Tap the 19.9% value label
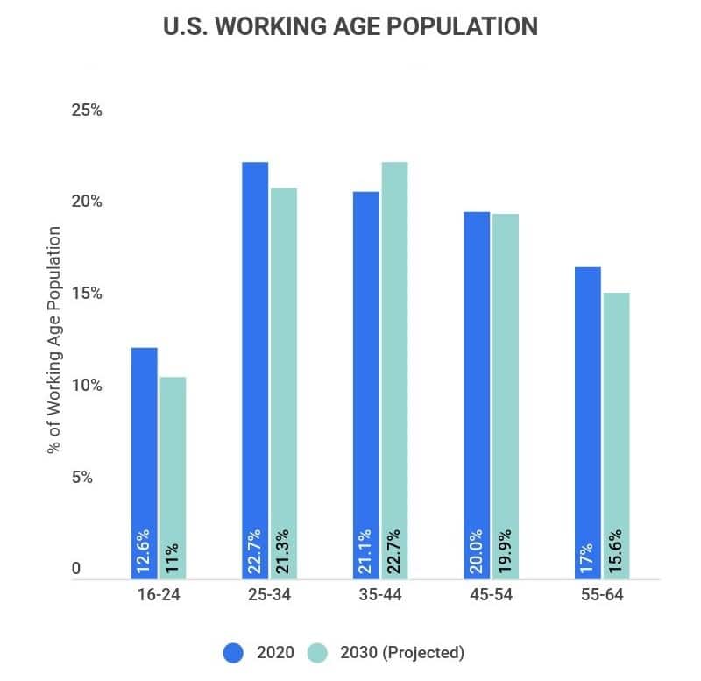506,550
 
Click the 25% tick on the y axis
88,111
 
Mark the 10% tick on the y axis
88,386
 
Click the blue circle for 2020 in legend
233,652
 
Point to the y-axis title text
54,340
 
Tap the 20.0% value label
477,550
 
